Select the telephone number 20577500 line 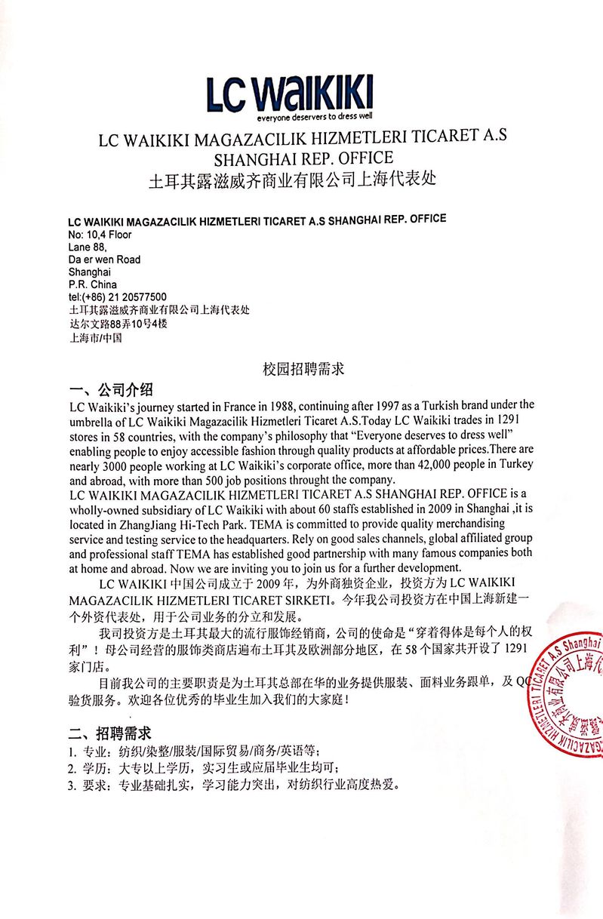coord(117,297)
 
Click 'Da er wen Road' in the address coord(104,260)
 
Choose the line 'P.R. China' coord(92,284)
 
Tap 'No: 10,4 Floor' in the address coord(100,235)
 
